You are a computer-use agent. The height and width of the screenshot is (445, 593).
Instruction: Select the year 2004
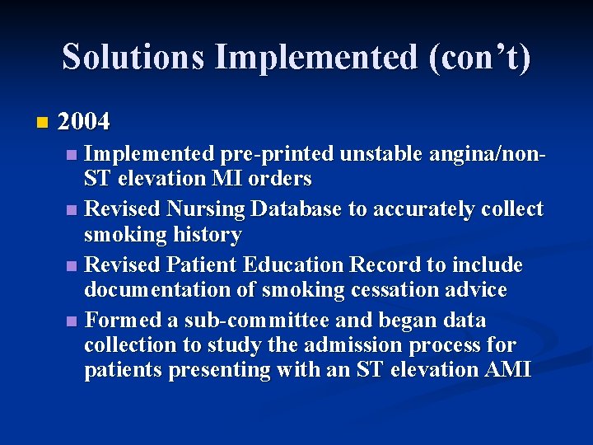pyautogui.click(x=84, y=123)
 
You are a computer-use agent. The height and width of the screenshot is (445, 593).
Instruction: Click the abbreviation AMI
pyautogui.click(x=508, y=370)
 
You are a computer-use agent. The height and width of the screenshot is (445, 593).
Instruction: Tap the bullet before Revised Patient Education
pyautogui.click(x=72, y=266)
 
